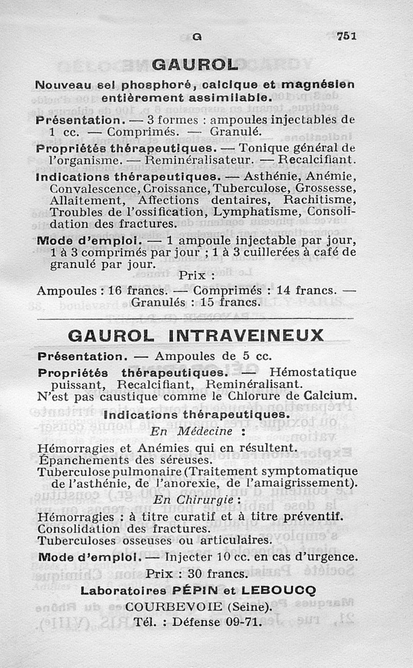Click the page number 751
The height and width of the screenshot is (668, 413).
[x=346, y=37]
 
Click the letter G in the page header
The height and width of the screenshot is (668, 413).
[x=196, y=37]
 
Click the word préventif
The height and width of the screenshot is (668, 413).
[x=315, y=516]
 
